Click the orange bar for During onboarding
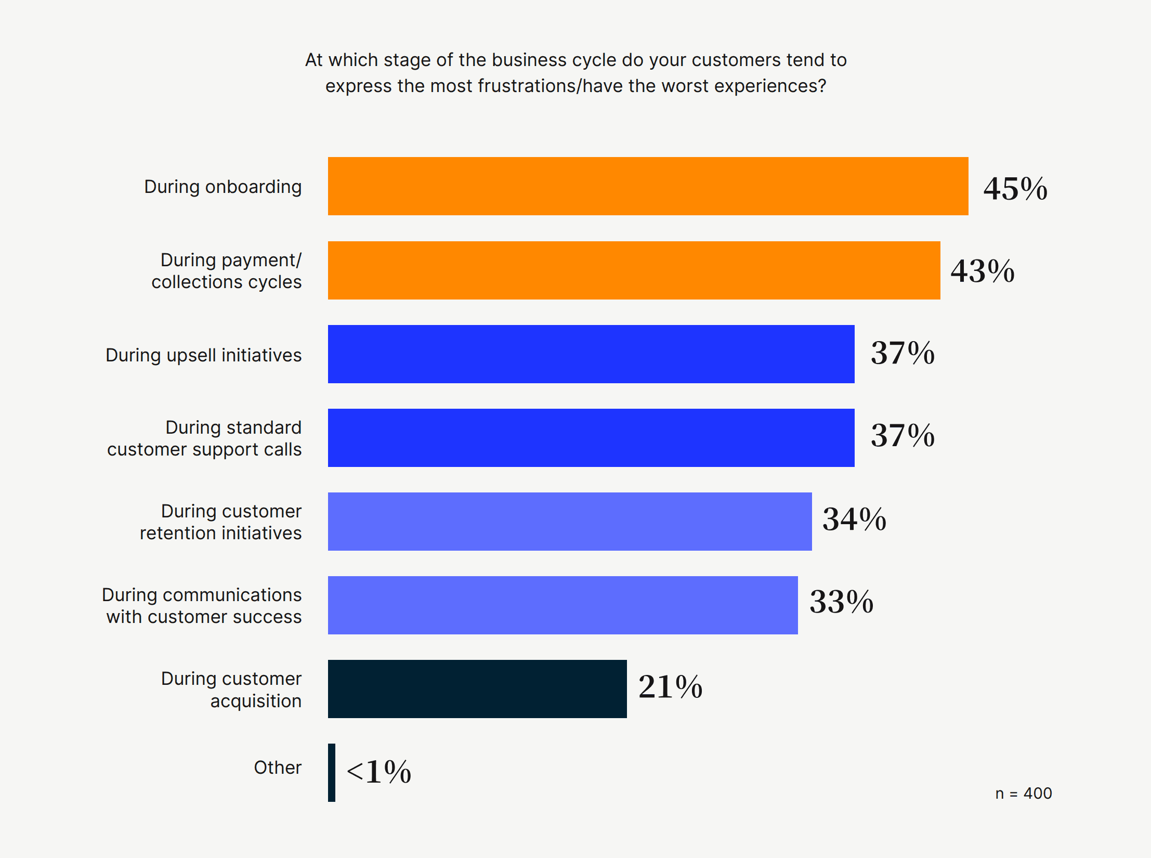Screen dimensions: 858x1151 (x=648, y=186)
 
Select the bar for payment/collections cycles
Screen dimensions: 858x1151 (x=634, y=270)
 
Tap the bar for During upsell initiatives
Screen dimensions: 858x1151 (x=591, y=354)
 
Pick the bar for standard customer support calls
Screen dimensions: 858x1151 (x=591, y=438)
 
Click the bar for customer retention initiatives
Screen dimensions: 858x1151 (x=570, y=522)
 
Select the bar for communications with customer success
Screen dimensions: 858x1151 (x=563, y=605)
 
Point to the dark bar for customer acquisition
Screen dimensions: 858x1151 (x=477, y=689)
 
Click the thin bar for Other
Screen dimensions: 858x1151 (x=332, y=773)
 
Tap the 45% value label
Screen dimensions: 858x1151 (x=1015, y=188)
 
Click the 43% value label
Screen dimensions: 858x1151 (x=982, y=271)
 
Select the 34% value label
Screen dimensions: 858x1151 (x=854, y=519)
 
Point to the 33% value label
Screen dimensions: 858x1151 (x=841, y=602)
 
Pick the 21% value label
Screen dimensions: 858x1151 (x=670, y=686)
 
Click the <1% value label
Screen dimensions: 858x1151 (x=379, y=771)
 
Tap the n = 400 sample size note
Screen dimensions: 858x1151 (x=1023, y=794)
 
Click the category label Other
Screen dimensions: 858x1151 (x=278, y=768)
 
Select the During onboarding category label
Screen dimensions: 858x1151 (x=223, y=187)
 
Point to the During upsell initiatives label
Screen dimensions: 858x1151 (x=203, y=355)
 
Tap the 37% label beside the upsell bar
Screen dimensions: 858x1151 (x=903, y=353)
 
